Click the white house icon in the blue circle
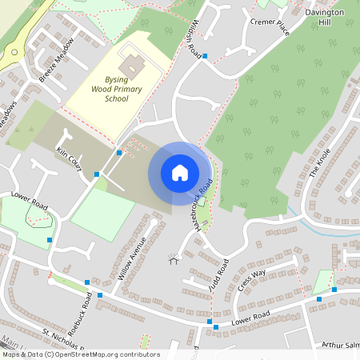click(x=180, y=173)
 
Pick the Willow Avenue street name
click(x=132, y=257)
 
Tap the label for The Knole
click(x=319, y=164)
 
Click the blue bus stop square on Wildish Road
click(x=205, y=56)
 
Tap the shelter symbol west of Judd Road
click(x=171, y=259)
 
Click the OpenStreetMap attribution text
click(x=80, y=354)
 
